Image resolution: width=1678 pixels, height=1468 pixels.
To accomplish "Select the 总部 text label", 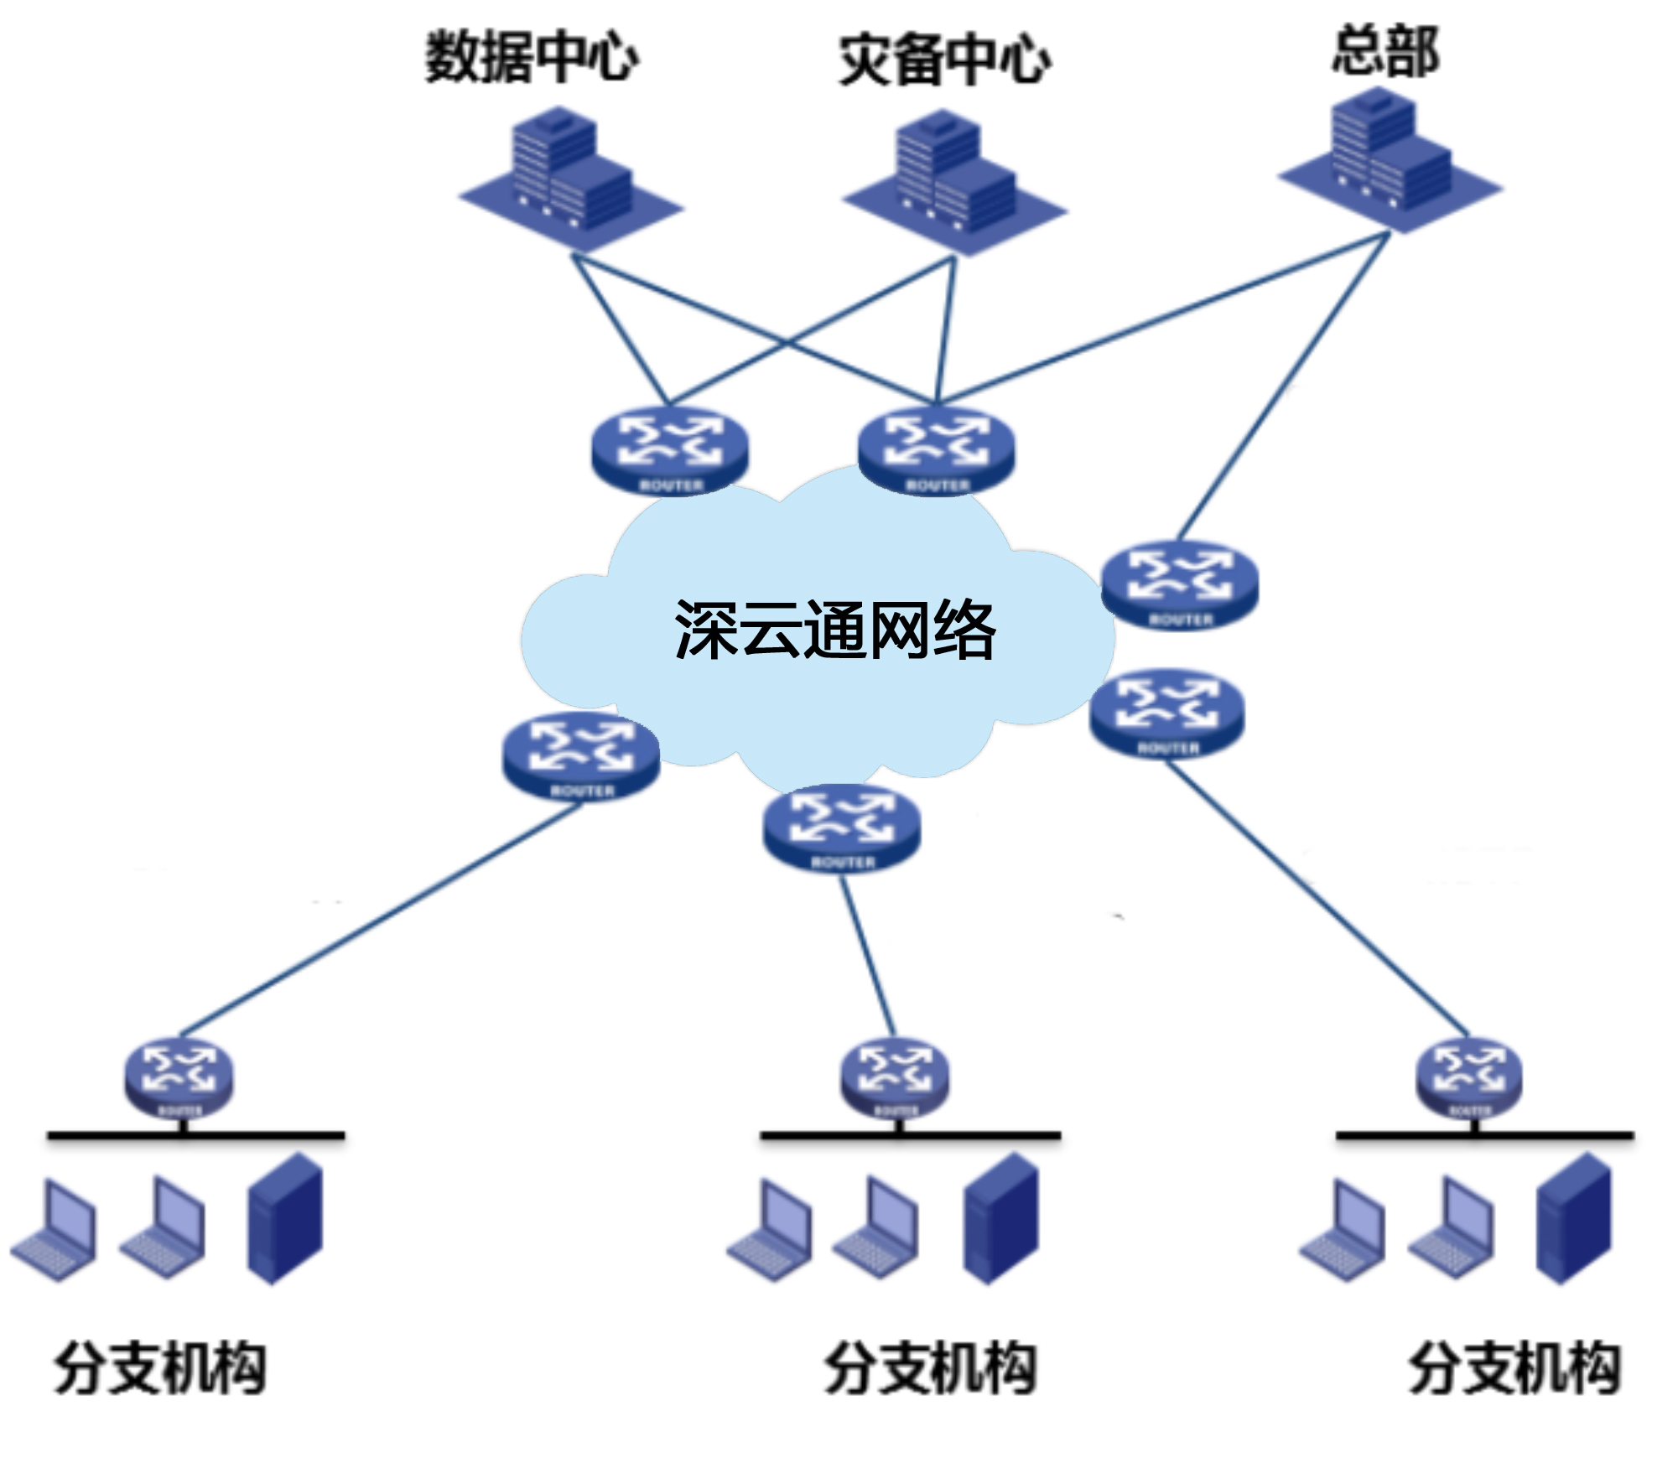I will point(1385,51).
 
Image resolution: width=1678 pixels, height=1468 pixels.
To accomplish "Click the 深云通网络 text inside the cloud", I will point(834,630).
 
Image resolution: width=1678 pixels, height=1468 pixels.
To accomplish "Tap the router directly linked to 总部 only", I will point(1179,584).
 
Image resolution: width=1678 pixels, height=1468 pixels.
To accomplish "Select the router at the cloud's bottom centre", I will point(841,827).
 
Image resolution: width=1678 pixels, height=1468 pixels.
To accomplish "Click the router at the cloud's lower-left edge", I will point(580,755).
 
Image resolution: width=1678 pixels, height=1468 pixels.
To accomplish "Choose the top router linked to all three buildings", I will point(936,450).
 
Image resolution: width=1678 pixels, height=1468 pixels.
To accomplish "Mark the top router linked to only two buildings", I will point(669,450).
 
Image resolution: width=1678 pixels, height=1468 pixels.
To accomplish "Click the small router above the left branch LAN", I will point(179,1078).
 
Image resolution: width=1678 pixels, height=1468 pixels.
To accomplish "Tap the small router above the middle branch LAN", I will point(895,1078).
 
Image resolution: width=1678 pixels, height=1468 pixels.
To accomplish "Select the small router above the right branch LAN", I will point(1468,1078).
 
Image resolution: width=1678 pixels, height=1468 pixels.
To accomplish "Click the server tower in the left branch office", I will point(285,1219).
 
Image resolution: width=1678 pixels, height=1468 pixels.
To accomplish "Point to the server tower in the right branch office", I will point(1574,1219).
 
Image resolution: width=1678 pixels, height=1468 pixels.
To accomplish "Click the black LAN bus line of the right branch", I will point(1484,1136).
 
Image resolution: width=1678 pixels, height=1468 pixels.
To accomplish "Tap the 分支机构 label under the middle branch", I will point(930,1367).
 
